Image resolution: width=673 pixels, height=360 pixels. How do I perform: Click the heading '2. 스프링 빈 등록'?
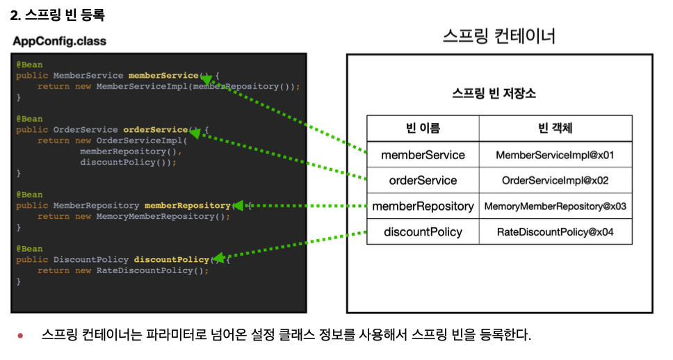(x=57, y=14)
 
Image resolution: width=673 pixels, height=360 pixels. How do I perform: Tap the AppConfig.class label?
(x=59, y=41)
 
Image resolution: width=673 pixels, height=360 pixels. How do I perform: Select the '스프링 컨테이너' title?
(x=499, y=36)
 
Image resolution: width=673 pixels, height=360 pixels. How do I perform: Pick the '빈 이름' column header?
(x=423, y=129)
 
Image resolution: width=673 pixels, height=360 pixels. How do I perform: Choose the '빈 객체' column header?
(x=555, y=129)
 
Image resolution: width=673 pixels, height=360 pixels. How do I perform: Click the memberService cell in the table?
(x=423, y=154)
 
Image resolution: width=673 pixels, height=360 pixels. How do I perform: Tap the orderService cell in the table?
(x=423, y=181)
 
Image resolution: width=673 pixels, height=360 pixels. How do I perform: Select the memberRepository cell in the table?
(x=423, y=206)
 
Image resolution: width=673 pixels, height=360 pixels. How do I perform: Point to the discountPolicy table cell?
(x=423, y=232)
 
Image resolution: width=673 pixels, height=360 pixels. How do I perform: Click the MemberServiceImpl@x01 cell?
(x=555, y=155)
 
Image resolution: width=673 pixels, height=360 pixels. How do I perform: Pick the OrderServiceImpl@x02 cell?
(x=555, y=181)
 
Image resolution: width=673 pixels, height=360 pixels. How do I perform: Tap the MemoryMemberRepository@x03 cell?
(x=555, y=206)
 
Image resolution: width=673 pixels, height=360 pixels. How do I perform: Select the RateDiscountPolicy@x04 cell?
(x=555, y=232)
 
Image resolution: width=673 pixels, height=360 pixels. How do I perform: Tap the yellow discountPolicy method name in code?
(x=171, y=260)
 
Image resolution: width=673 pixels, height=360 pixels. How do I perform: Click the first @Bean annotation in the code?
(x=29, y=65)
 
